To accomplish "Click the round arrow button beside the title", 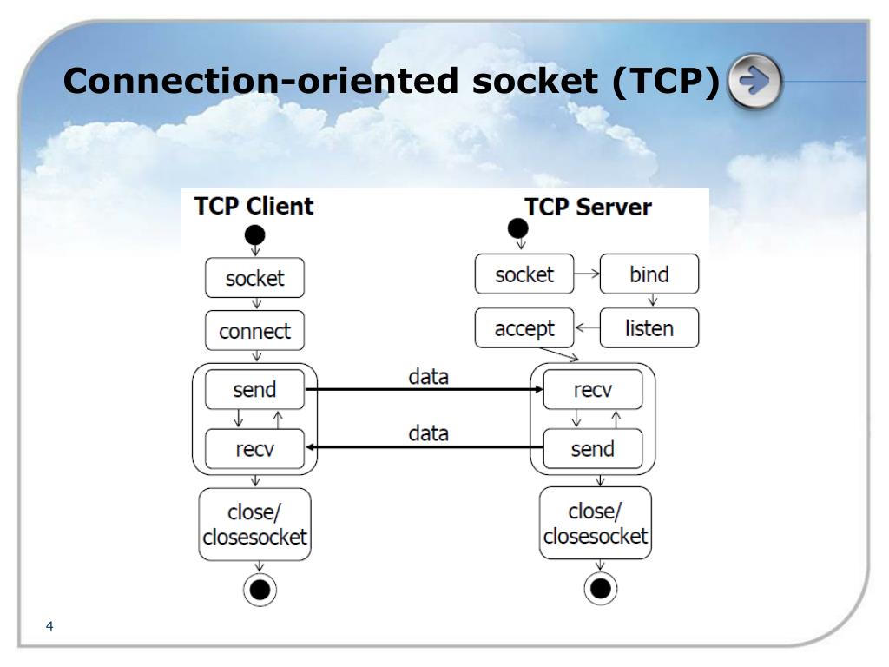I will [x=754, y=81].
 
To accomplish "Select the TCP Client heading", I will [x=254, y=207].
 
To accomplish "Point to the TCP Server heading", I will [x=588, y=208].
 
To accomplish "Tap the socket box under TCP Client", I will [x=254, y=278].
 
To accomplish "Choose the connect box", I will [x=254, y=331].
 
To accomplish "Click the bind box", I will [x=649, y=274].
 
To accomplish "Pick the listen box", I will [x=649, y=328].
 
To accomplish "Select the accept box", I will [x=524, y=328].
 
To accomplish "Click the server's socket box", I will [x=524, y=274].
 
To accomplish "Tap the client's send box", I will [x=254, y=390].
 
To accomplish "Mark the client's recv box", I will [x=254, y=449].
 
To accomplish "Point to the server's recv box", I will [x=593, y=390].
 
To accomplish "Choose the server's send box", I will [x=593, y=449].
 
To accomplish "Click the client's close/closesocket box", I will [x=254, y=525].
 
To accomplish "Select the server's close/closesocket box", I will [x=596, y=523].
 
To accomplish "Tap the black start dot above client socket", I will [x=254, y=234].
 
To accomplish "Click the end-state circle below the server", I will [x=599, y=589].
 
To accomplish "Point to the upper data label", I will [x=429, y=377].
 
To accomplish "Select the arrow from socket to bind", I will [x=588, y=274].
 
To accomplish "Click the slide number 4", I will [x=49, y=626].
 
